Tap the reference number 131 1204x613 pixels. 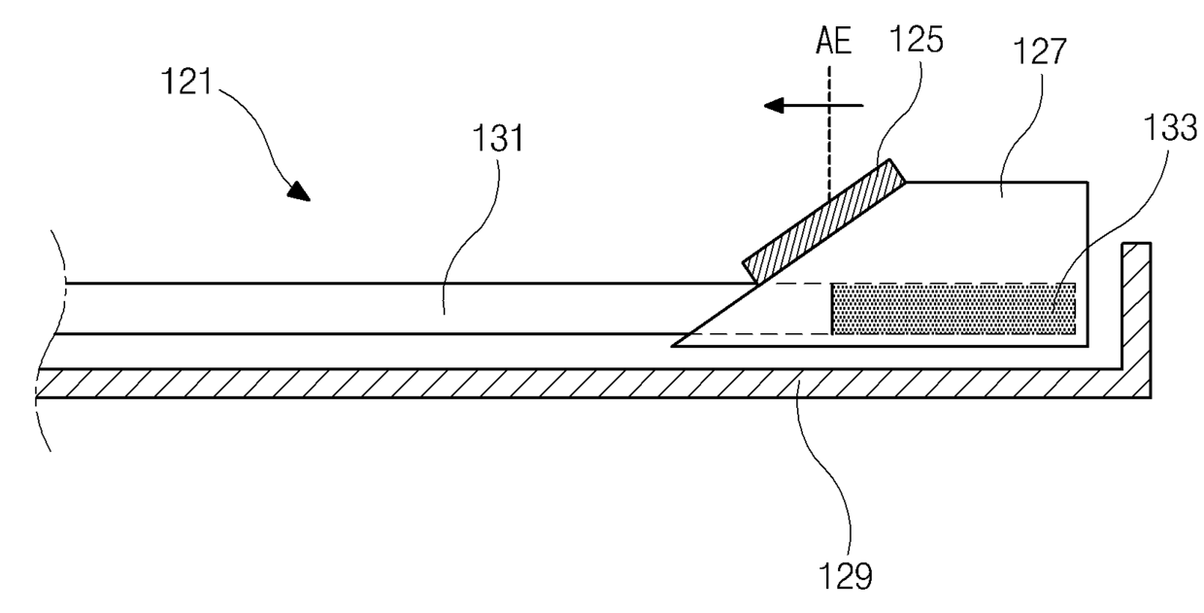497,140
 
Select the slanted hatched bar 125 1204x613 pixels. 824,220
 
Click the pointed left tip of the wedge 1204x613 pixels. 675,345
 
